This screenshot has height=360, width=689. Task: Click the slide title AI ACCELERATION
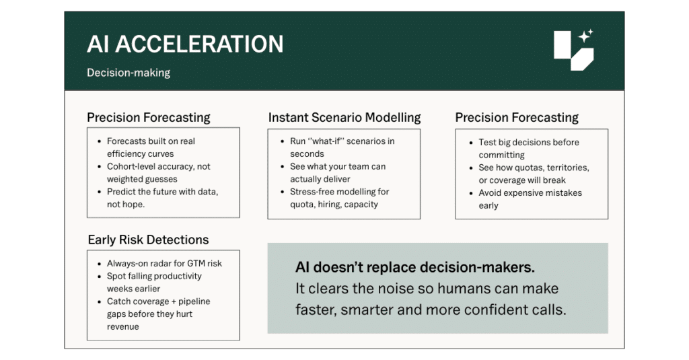(x=185, y=44)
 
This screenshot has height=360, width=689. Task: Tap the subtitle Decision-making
(x=129, y=73)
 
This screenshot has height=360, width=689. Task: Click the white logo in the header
(x=573, y=50)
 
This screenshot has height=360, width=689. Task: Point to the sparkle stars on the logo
(x=586, y=36)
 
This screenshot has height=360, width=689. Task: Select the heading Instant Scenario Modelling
(x=344, y=117)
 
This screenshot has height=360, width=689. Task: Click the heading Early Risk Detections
(x=148, y=240)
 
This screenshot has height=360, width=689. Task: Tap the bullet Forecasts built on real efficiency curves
(x=151, y=147)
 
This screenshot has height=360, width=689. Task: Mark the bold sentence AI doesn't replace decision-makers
(x=414, y=267)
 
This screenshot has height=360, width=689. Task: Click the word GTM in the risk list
(x=196, y=263)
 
